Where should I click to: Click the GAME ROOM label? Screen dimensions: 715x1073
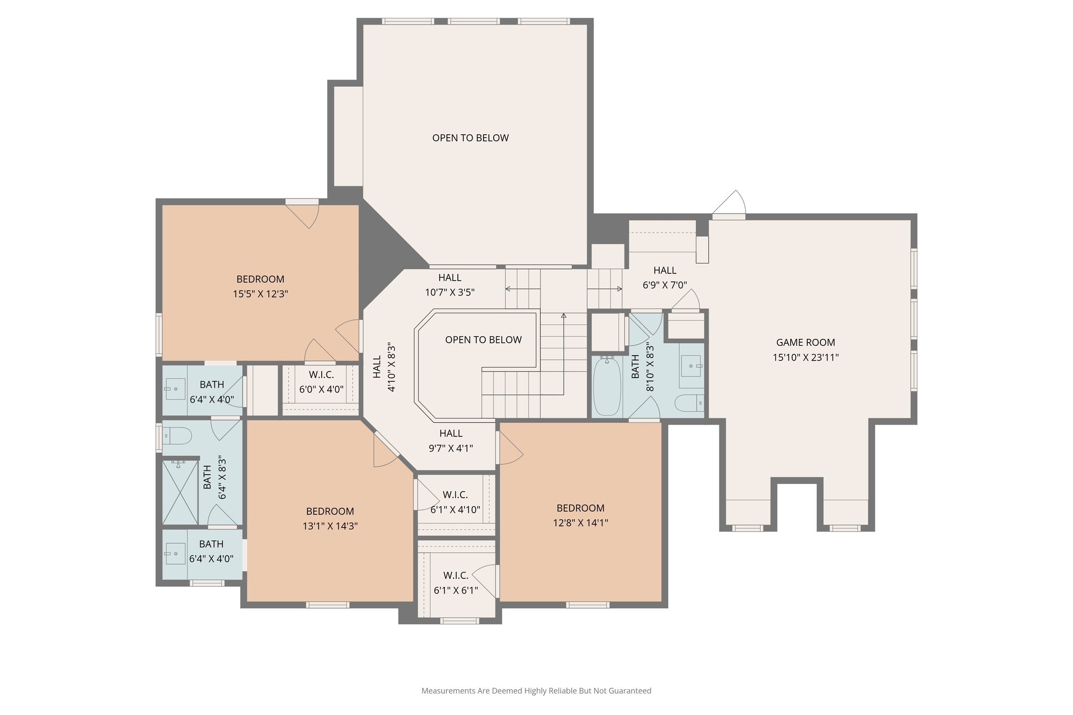[x=805, y=343]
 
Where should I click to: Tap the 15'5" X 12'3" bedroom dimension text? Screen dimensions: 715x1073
[x=260, y=294]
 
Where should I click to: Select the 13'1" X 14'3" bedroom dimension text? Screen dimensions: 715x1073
[x=330, y=526]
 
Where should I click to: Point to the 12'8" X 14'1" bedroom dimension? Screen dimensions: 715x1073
[x=581, y=523]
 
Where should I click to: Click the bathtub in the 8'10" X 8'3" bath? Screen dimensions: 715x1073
[x=607, y=387]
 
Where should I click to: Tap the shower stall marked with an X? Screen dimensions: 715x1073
[x=180, y=492]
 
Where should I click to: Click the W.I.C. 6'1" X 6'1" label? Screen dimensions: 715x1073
[x=456, y=583]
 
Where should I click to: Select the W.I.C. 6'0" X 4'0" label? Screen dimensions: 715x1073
[x=321, y=382]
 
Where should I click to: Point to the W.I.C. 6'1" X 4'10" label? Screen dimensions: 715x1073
[x=455, y=502]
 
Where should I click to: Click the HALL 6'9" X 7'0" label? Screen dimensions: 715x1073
[x=665, y=278]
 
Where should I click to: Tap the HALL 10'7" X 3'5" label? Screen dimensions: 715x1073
[x=450, y=285]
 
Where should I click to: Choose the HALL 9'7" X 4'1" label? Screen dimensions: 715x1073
[x=451, y=441]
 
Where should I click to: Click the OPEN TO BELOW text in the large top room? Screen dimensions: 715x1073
[x=470, y=138]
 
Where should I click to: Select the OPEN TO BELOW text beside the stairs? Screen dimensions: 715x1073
[x=483, y=340]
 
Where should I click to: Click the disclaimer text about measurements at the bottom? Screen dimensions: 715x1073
[x=536, y=691]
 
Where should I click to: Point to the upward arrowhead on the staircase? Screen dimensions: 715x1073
[x=564, y=315]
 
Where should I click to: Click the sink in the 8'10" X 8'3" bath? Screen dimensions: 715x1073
[x=691, y=365]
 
